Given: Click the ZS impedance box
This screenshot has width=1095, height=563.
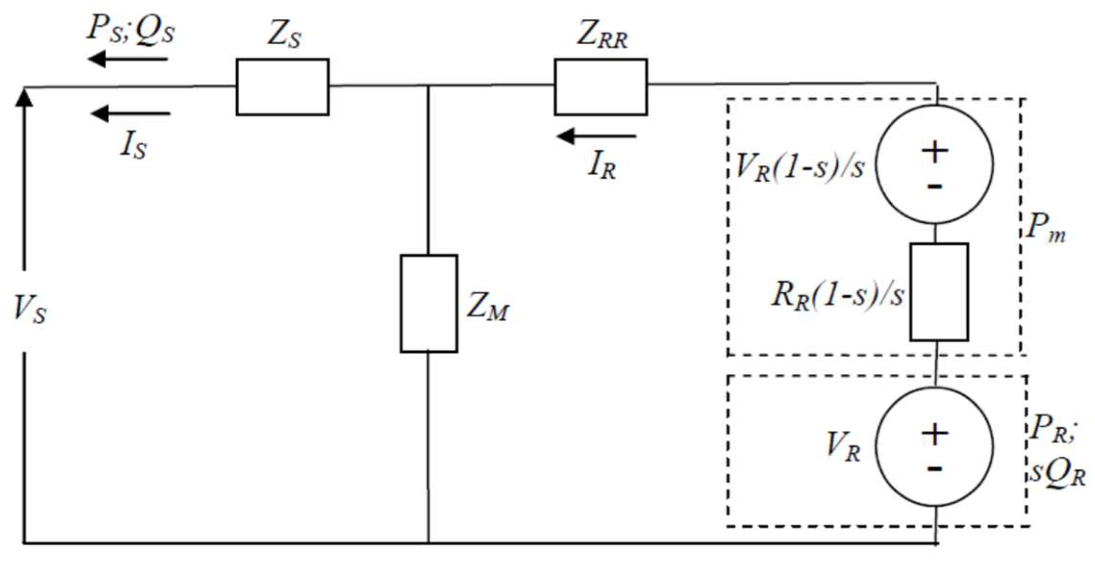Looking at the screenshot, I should (x=282, y=87).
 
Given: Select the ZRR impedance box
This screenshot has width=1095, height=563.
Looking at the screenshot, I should (x=600, y=87).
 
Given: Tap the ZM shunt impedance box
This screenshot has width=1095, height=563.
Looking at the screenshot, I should (x=429, y=303).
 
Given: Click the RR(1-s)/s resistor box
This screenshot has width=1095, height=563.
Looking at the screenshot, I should (x=939, y=292).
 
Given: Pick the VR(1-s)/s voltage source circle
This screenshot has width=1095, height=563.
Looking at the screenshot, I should (x=934, y=164).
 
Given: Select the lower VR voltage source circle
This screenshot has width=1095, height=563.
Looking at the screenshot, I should (x=934, y=446).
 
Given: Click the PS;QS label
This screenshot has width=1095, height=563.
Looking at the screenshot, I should (x=131, y=30).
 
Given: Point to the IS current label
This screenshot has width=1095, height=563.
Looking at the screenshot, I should (x=133, y=146).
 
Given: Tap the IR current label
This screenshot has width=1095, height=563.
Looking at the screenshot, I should (x=601, y=167).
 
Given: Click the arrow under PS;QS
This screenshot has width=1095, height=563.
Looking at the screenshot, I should (x=127, y=60).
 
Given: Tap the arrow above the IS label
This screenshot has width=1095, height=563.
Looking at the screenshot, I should (x=130, y=114).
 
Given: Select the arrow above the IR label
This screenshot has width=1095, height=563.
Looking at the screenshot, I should (x=597, y=137).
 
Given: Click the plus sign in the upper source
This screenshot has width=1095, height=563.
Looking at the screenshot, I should (x=934, y=152).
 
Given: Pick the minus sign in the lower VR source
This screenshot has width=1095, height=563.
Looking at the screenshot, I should (x=934, y=468).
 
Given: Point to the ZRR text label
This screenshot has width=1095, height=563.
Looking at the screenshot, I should (x=602, y=36).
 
